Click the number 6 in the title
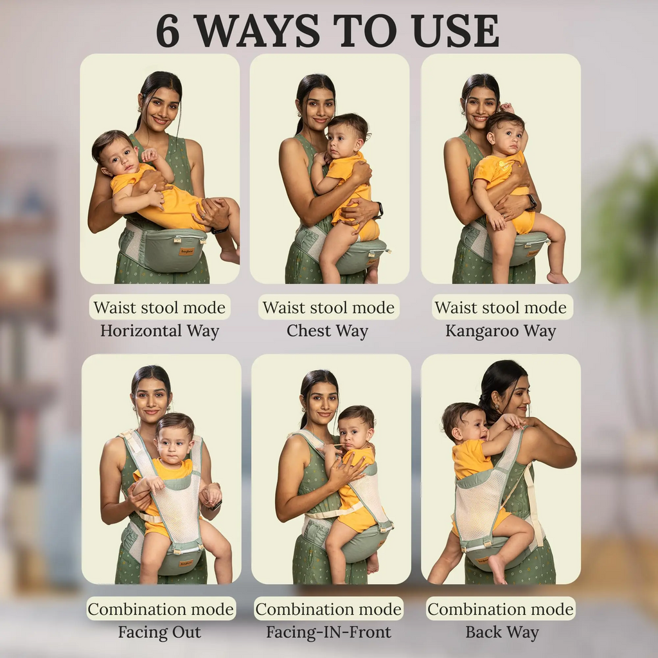point(168,31)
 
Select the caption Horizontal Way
point(160,331)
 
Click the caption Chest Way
point(328,331)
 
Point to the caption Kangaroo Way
point(501,331)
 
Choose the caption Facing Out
point(159,632)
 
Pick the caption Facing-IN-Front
point(328,632)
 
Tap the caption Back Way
point(502,632)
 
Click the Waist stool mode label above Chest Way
point(328,307)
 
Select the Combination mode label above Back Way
point(501,609)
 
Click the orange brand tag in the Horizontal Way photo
point(186,252)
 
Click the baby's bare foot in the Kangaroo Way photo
point(557,278)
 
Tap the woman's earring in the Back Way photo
point(498,407)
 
